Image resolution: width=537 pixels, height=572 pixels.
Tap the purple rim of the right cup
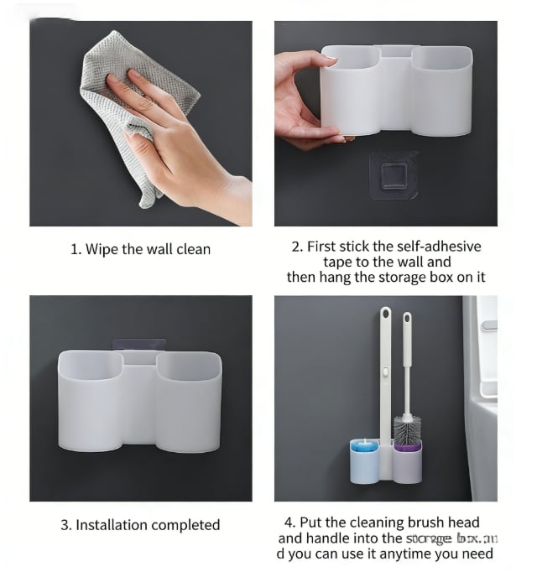point(406,448)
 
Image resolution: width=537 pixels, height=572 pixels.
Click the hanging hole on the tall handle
point(385,315)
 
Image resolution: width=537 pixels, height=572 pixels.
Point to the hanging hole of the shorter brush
point(407,320)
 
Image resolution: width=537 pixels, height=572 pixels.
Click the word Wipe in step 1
point(102,249)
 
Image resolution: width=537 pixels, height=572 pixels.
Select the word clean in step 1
point(193,249)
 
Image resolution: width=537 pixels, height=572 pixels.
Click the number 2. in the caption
point(297,247)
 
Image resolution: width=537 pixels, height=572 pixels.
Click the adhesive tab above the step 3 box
point(139,346)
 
